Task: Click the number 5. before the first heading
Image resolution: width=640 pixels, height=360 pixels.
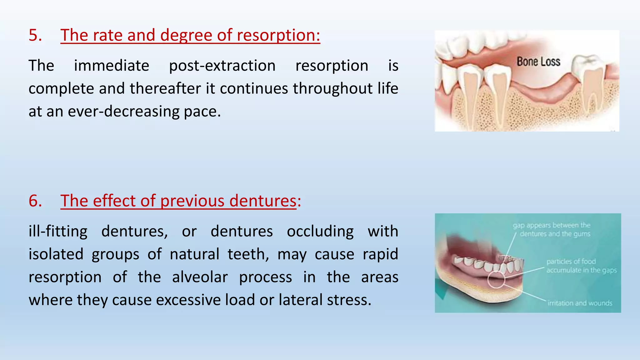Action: coord(35,35)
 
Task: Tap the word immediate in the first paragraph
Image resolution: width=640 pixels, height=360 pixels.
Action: coord(112,66)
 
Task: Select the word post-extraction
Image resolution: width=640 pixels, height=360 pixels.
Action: coord(222,66)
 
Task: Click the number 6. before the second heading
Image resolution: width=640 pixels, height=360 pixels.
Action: coord(35,201)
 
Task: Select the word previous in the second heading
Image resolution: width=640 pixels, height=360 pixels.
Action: coord(192,201)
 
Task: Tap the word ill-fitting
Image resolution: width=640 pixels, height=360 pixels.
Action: coord(58,232)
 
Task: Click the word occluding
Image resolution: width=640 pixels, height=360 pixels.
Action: coord(320,232)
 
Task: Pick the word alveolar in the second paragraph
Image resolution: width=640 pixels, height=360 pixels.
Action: coord(200,277)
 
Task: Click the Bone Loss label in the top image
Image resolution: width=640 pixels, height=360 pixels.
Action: coord(538,62)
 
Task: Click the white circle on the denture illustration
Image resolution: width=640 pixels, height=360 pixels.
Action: coord(496,279)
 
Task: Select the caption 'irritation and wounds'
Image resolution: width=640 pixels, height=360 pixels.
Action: coord(580,303)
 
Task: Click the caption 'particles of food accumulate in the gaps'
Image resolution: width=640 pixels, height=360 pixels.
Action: coord(581,266)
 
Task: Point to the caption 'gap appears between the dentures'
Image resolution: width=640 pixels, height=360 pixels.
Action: coord(552,229)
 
